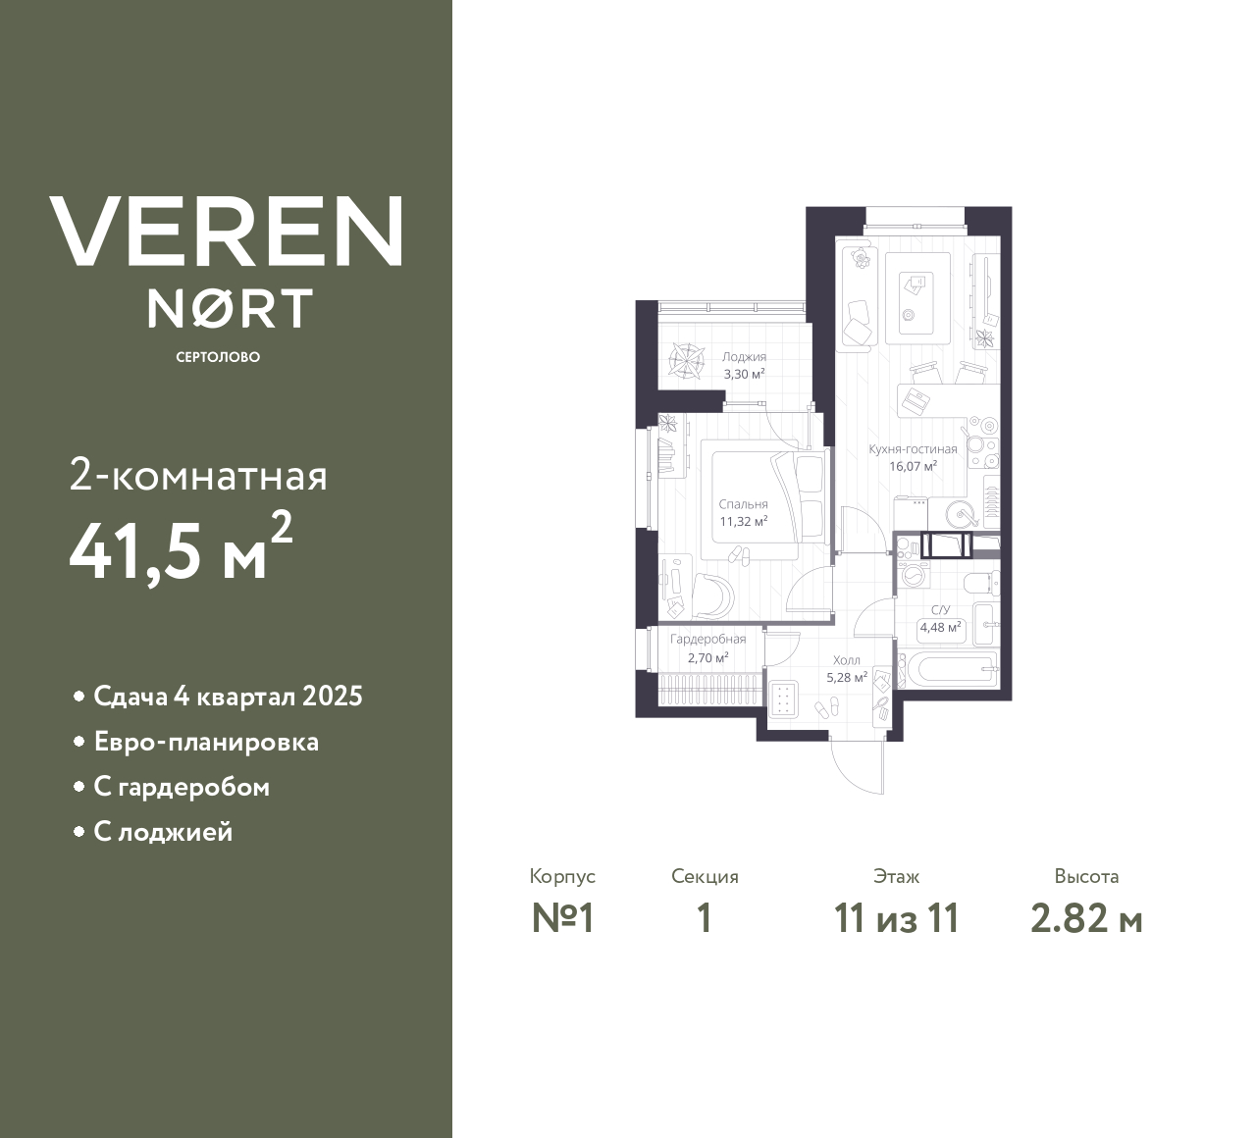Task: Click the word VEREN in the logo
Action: click(226, 232)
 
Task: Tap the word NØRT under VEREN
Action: click(230, 308)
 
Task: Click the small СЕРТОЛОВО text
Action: click(218, 357)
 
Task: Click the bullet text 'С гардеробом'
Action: click(182, 787)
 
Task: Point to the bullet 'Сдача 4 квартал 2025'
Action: click(228, 697)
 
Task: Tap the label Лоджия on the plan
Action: click(744, 357)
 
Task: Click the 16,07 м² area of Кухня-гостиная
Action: click(913, 466)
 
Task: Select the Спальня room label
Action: click(743, 504)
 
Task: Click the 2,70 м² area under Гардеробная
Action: click(707, 658)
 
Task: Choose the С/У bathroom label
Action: click(940, 610)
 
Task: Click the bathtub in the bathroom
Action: click(950, 672)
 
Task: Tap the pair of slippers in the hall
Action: click(828, 707)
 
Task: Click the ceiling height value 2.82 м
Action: click(1086, 918)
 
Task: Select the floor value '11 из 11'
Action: click(896, 918)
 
